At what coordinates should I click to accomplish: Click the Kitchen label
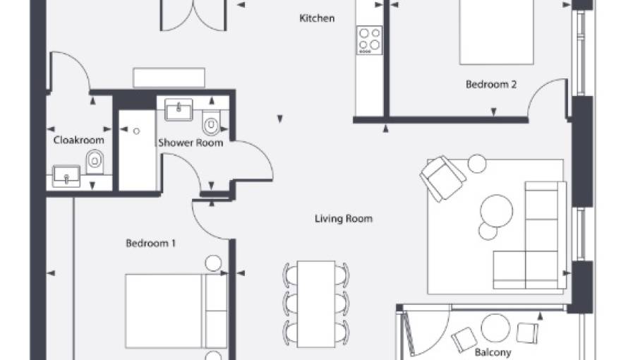click(x=317, y=18)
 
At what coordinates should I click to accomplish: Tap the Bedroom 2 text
click(x=491, y=85)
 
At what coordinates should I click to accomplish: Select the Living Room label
click(x=344, y=219)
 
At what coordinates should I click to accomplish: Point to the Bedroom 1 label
click(x=150, y=243)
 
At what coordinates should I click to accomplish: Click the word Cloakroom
click(x=79, y=140)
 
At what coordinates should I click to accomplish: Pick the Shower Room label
click(x=191, y=143)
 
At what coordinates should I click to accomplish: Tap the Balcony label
click(x=493, y=352)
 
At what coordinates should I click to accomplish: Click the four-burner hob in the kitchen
click(x=369, y=40)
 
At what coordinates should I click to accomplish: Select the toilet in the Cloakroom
click(x=95, y=162)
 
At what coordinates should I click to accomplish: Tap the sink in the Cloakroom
click(x=66, y=176)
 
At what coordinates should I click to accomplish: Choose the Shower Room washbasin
click(x=179, y=109)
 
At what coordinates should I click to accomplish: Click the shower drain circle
click(x=136, y=131)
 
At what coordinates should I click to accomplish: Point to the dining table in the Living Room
click(x=316, y=304)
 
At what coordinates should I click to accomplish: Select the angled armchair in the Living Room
click(x=442, y=178)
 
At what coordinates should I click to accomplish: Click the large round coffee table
click(x=496, y=210)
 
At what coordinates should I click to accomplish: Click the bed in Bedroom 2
click(x=496, y=32)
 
